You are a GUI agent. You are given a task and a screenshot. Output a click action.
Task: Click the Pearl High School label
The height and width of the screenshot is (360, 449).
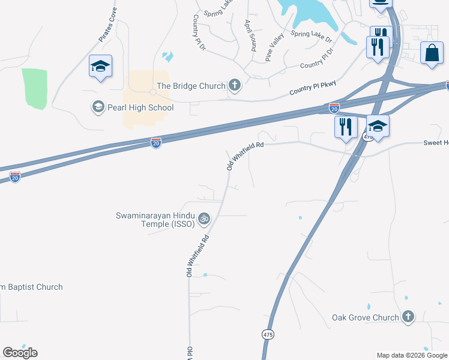[141, 107]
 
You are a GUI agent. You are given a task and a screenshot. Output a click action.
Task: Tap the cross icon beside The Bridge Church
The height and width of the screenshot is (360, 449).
[235, 86]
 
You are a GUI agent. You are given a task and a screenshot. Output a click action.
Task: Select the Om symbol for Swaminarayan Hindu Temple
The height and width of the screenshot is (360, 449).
[204, 219]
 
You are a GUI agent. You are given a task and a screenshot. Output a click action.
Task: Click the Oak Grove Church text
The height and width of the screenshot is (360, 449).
[365, 317]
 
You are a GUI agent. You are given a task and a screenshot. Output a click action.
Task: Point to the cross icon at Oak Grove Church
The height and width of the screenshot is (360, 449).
[408, 317]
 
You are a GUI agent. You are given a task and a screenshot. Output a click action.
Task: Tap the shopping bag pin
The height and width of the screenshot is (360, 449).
[432, 53]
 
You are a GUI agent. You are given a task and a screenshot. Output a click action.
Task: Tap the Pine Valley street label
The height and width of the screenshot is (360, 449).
[275, 47]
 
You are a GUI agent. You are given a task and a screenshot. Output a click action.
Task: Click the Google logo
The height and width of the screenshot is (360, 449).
[20, 352]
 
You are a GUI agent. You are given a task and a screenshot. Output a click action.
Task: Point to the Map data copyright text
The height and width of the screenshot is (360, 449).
[412, 355]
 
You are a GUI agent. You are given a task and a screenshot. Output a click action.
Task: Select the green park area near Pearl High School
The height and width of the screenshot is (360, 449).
[34, 89]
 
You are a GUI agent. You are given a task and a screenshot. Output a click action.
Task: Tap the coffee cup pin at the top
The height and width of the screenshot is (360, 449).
[380, 3]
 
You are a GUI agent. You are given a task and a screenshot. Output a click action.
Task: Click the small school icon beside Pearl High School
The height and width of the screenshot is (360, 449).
[97, 107]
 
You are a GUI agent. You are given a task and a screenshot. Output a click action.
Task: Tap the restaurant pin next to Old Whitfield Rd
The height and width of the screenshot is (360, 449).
[346, 127]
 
